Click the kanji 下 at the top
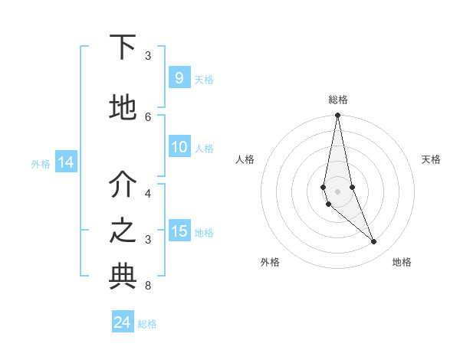click(123, 48)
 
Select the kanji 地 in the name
click(123, 108)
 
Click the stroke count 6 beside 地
click(148, 116)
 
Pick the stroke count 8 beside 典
click(148, 286)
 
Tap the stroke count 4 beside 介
click(148, 193)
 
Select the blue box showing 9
click(179, 78)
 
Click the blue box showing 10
click(179, 148)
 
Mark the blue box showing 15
click(179, 231)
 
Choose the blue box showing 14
click(65, 162)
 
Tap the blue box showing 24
click(123, 322)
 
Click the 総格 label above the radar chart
click(338, 100)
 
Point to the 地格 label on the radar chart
click(402, 262)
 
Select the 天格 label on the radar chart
click(431, 159)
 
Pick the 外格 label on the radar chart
click(270, 262)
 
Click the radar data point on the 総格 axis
click(337, 115)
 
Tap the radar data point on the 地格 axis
click(374, 242)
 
